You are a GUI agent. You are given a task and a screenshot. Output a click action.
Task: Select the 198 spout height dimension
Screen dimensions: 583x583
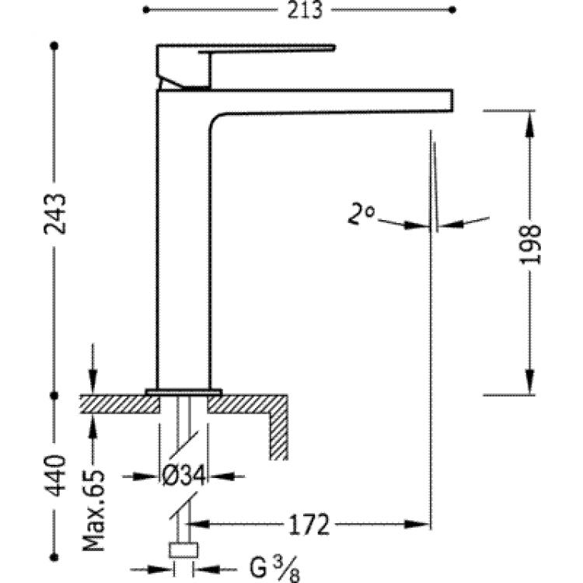point(531,245)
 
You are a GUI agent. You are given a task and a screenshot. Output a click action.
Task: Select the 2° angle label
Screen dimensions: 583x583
point(361,212)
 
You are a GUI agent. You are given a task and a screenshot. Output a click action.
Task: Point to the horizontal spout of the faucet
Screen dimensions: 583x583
point(334,100)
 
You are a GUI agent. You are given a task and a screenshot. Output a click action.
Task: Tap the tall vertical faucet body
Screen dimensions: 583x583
point(183,249)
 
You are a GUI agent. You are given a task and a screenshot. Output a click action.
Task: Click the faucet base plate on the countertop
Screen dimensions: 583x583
point(183,390)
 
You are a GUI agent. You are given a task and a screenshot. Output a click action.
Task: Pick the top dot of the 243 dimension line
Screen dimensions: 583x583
point(54,46)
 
